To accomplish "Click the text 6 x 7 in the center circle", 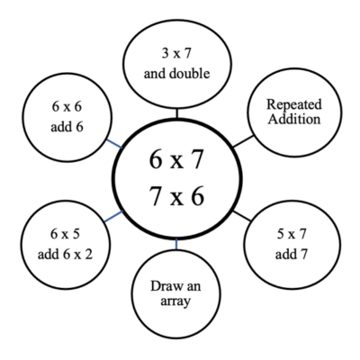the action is [176, 159].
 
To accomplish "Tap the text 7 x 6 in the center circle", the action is [176, 196].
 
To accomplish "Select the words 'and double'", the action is [176, 74].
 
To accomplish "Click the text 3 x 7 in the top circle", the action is [176, 53].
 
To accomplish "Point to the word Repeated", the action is [294, 105].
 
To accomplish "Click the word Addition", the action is [294, 119].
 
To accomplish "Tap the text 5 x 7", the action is [292, 234].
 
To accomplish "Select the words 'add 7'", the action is [292, 255].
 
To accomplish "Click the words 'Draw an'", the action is [175, 286].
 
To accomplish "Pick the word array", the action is [175, 301].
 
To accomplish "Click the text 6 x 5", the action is [65, 234].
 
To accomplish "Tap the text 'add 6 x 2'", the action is [65, 255].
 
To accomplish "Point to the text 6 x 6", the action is [67, 106].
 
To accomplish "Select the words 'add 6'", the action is [67, 127].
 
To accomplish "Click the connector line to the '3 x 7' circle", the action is [177, 113].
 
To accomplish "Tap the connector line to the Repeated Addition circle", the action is [243, 141].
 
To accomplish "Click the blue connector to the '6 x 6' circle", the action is [114, 144].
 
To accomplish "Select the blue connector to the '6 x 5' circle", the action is [113, 217].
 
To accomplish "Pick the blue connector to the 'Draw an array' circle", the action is [176, 244].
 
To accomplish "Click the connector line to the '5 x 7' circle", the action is [242, 216].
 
